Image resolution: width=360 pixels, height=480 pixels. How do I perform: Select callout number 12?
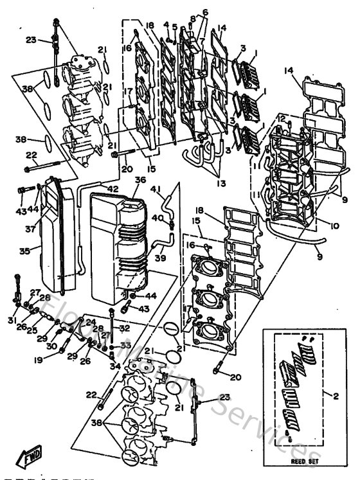click(282, 119)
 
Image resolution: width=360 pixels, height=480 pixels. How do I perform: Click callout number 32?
click(125, 327)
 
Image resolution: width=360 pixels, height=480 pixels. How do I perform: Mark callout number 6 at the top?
click(205, 12)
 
